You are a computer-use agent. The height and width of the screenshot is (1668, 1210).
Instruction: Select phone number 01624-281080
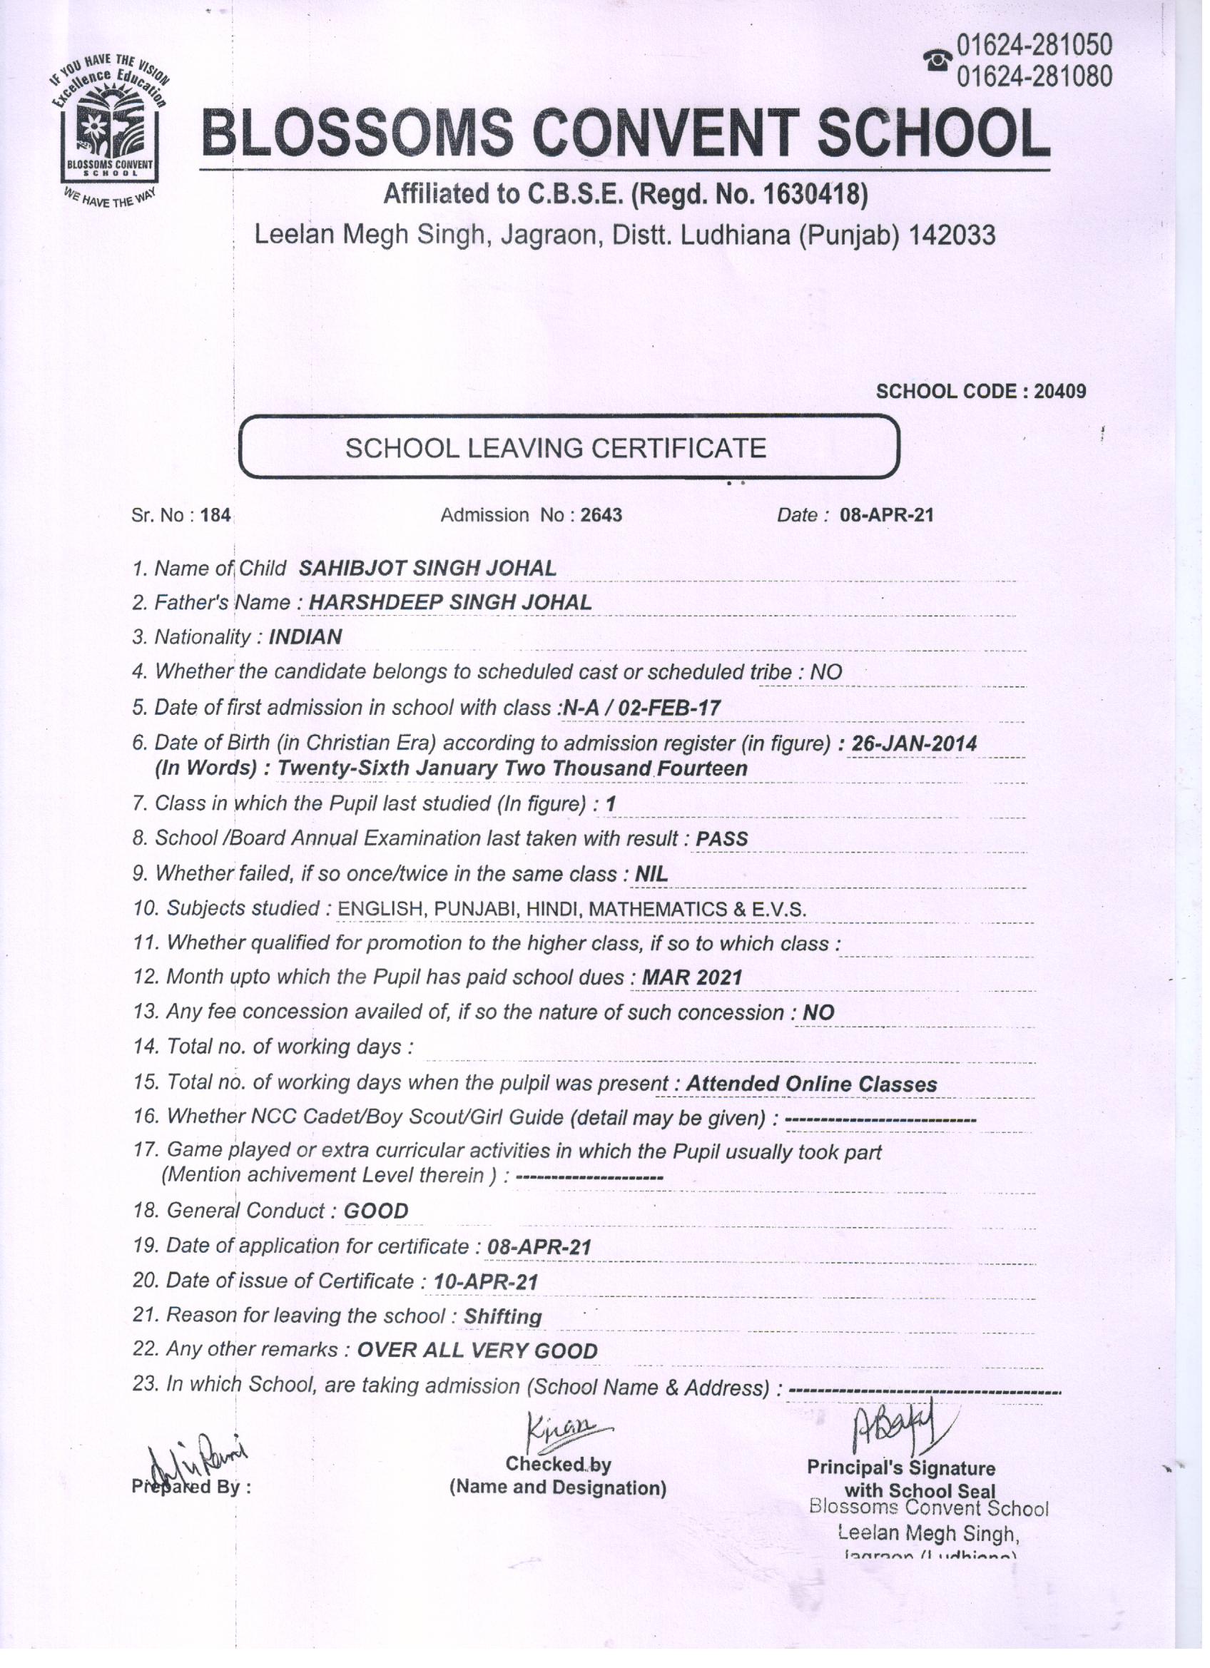1034,76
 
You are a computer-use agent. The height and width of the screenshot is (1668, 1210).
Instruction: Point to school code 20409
1059,391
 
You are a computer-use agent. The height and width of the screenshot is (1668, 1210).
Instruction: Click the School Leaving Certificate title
555,448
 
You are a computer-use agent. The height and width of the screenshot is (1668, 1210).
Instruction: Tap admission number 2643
601,516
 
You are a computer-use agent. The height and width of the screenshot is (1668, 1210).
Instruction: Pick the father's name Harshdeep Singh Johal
449,602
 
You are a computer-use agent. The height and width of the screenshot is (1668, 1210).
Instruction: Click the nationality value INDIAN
305,637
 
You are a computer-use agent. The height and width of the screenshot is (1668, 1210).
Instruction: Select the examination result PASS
721,839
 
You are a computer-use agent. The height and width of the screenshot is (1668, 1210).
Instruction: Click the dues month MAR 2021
692,977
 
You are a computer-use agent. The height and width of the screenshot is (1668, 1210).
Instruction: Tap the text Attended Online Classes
811,1084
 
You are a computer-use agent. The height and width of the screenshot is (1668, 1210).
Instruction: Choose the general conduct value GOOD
376,1211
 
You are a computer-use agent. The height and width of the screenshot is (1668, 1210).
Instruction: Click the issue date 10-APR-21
485,1282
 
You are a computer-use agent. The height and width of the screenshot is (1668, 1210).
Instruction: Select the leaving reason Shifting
502,1316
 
